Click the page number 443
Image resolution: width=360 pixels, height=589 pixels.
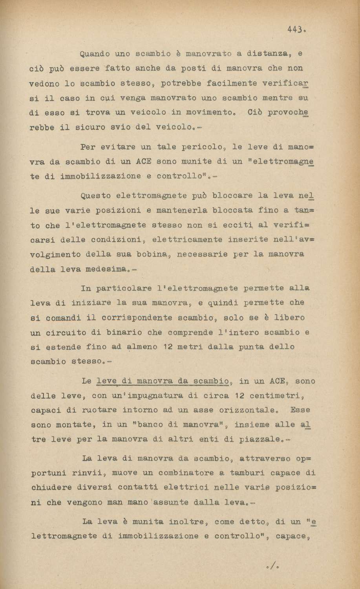pyautogui.click(x=295, y=29)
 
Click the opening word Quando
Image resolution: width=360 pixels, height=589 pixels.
pyautogui.click(x=94, y=53)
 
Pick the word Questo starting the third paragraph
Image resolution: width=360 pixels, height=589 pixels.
pyautogui.click(x=94, y=194)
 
